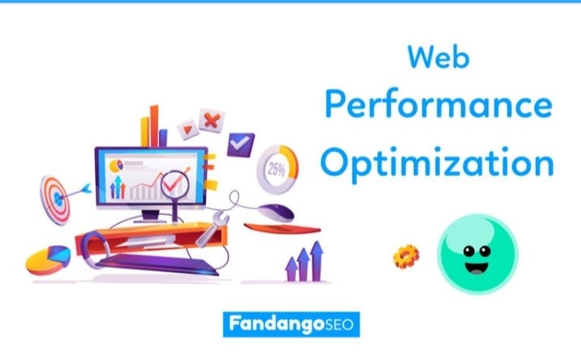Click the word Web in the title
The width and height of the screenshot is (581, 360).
438,58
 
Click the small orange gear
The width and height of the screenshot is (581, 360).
405,256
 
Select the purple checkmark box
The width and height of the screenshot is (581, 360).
240,144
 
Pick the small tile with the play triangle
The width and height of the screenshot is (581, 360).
187,127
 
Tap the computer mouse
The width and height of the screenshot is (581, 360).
279,212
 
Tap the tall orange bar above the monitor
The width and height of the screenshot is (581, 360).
155,125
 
